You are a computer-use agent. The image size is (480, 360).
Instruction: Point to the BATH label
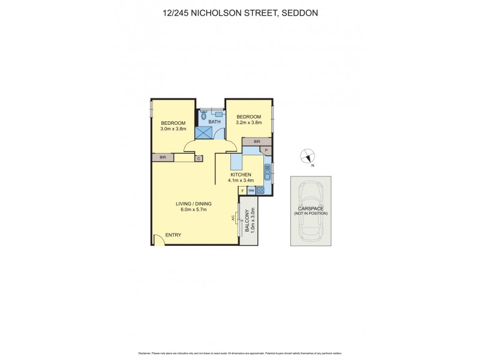(215, 122)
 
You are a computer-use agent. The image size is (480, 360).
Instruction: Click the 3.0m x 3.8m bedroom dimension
(173, 128)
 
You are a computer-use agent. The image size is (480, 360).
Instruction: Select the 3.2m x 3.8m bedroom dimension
(248, 122)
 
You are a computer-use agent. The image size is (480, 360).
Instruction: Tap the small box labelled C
(199, 158)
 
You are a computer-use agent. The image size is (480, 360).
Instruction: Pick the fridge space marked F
(242, 191)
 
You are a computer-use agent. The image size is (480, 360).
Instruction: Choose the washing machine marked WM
(251, 191)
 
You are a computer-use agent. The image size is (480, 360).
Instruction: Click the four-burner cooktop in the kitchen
(261, 191)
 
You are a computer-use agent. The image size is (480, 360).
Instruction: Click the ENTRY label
(173, 235)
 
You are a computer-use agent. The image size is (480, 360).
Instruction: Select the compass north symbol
(307, 156)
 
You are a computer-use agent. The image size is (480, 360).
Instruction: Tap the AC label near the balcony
(233, 218)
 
